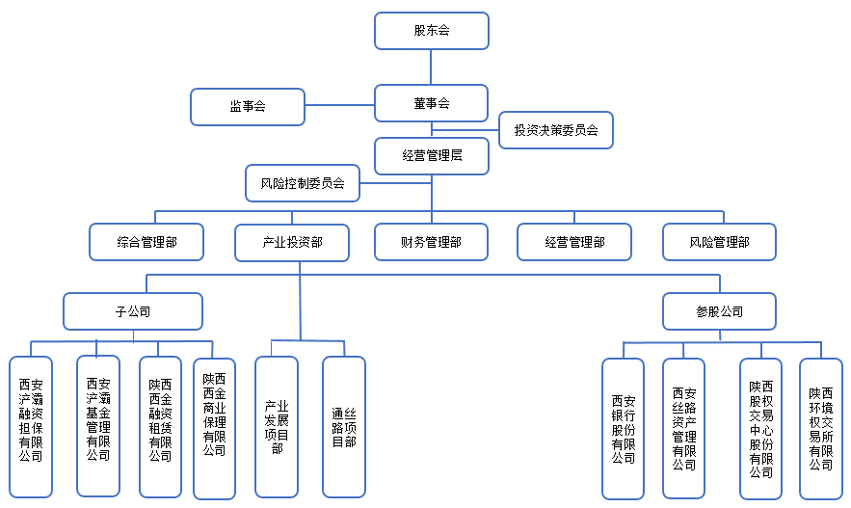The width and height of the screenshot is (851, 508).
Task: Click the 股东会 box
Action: [432, 31]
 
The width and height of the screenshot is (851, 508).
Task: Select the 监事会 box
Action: [248, 107]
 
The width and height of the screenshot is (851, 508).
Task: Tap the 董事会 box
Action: [432, 103]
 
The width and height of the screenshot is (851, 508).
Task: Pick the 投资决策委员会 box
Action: [556, 130]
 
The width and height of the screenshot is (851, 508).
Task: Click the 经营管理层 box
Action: [432, 156]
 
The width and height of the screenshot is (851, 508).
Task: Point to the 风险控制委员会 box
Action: [303, 183]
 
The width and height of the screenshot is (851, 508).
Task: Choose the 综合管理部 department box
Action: [146, 242]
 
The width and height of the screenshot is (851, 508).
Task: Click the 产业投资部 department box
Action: [292, 243]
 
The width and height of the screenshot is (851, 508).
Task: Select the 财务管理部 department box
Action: [432, 242]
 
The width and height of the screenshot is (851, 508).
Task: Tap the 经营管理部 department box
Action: [574, 242]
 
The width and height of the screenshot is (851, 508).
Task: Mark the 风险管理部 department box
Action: [719, 242]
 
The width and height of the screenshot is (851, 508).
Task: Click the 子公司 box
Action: [133, 311]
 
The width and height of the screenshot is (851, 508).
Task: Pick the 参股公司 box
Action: [719, 311]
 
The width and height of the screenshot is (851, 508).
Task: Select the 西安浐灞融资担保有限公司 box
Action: [31, 427]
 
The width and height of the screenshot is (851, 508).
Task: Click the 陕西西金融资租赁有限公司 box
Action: [160, 427]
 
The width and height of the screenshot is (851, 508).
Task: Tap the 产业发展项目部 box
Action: [277, 427]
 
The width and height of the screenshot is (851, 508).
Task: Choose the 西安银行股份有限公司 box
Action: [623, 429]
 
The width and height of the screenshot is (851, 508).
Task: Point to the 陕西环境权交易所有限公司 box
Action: [820, 429]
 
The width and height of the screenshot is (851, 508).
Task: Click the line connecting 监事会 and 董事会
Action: [340, 105]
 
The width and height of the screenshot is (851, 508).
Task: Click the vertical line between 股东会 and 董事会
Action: [431, 67]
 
